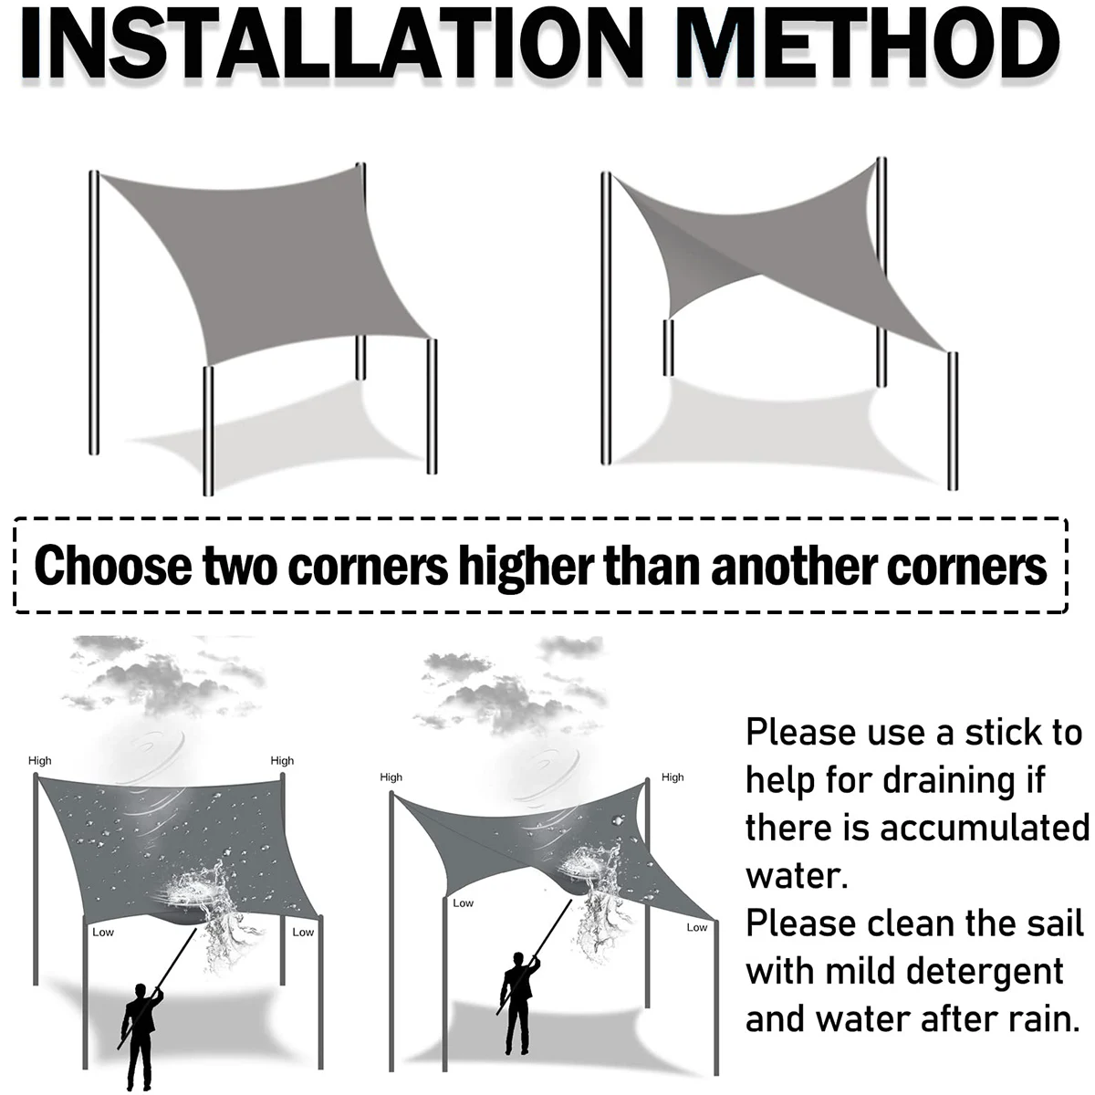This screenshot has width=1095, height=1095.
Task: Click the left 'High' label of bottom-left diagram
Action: point(40,761)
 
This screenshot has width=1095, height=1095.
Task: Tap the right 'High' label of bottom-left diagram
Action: point(282,761)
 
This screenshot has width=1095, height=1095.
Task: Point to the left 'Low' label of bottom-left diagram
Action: point(102,933)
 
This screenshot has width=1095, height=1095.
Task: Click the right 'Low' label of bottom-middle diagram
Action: point(696,928)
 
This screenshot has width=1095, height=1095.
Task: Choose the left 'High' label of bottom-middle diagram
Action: point(391,777)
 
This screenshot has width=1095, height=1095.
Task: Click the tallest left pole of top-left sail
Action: point(93,310)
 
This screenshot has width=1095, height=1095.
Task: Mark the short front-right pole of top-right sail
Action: point(952,420)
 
